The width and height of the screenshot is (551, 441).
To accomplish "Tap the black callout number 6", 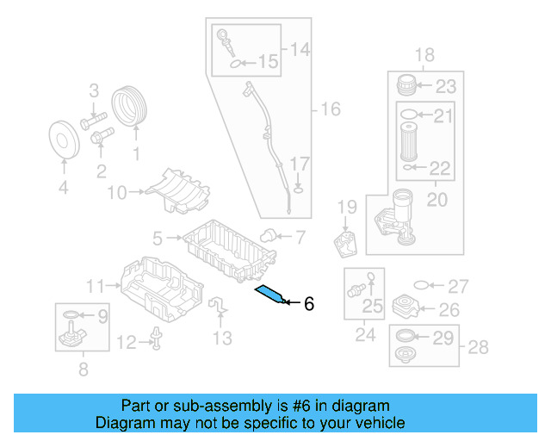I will (309, 303).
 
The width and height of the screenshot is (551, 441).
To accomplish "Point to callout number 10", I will (116, 193).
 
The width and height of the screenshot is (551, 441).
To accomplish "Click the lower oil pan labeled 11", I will (160, 289).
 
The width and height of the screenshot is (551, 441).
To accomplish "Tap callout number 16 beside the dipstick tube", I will (331, 109).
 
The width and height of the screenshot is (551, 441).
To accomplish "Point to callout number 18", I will (424, 56).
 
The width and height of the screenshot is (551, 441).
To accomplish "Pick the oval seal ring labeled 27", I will (422, 285).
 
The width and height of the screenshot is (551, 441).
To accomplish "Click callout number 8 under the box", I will (83, 371).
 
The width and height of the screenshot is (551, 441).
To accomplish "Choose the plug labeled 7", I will (269, 234).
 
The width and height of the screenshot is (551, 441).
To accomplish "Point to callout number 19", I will (346, 207).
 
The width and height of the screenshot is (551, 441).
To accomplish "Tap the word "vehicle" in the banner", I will (378, 423).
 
